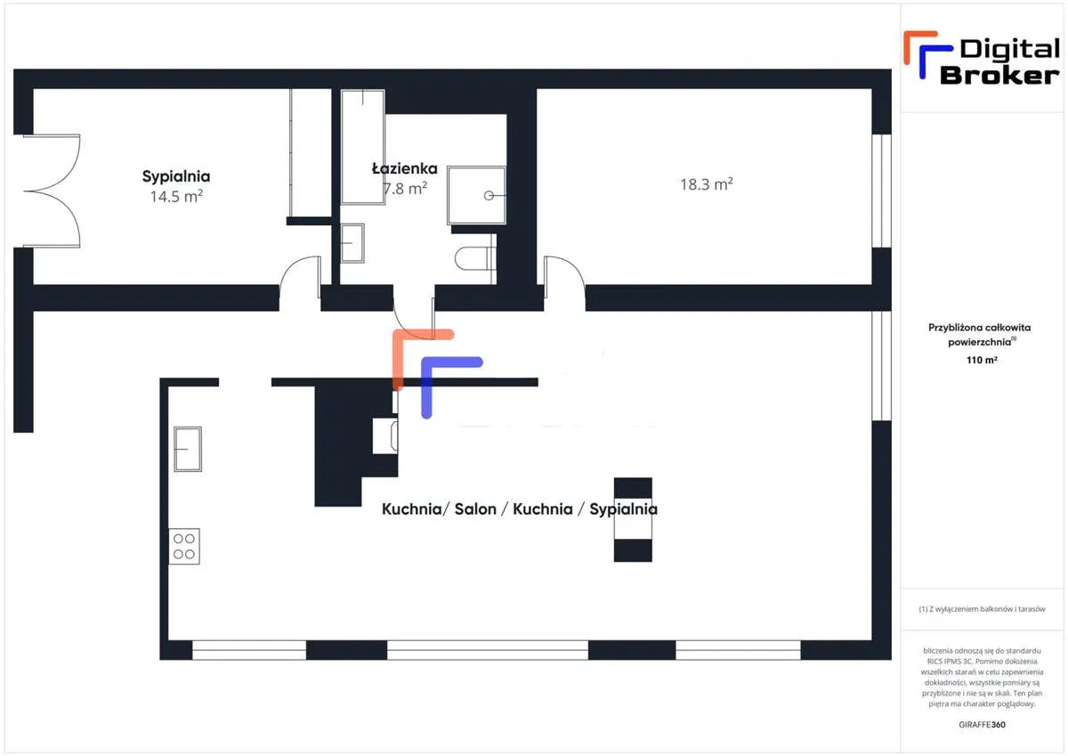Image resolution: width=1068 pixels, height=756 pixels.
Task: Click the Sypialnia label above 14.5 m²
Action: tap(176, 176)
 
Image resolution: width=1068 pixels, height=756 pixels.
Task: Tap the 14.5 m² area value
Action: tap(176, 196)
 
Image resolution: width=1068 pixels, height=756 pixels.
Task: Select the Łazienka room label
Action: tap(404, 168)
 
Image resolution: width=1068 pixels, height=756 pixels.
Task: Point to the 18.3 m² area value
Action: tap(706, 184)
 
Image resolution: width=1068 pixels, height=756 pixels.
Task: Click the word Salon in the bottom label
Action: tap(475, 509)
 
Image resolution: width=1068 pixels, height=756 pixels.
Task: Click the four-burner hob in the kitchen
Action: tap(184, 546)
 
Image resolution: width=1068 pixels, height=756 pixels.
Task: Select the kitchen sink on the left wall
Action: tap(188, 449)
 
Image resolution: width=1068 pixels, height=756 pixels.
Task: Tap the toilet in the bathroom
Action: tap(475, 258)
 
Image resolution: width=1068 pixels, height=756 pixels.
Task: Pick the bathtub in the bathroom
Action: tap(363, 147)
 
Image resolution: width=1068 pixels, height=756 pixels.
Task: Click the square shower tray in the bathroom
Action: tap(476, 195)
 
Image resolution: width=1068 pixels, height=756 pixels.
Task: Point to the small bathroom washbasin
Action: tap(352, 243)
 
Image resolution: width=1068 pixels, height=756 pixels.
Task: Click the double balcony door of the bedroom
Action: tap(52, 191)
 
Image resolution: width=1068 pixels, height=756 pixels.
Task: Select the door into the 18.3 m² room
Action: tap(564, 277)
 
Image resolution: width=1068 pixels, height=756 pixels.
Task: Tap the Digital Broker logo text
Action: tap(999, 62)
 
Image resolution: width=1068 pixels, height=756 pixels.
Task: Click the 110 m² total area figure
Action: tap(982, 360)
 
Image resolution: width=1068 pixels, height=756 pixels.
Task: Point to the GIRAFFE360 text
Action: tap(982, 725)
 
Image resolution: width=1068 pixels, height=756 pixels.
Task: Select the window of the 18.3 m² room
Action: tap(882, 191)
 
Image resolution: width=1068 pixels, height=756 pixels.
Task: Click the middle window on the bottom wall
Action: tap(488, 650)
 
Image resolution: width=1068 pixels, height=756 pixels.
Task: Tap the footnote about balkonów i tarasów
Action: tap(982, 609)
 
